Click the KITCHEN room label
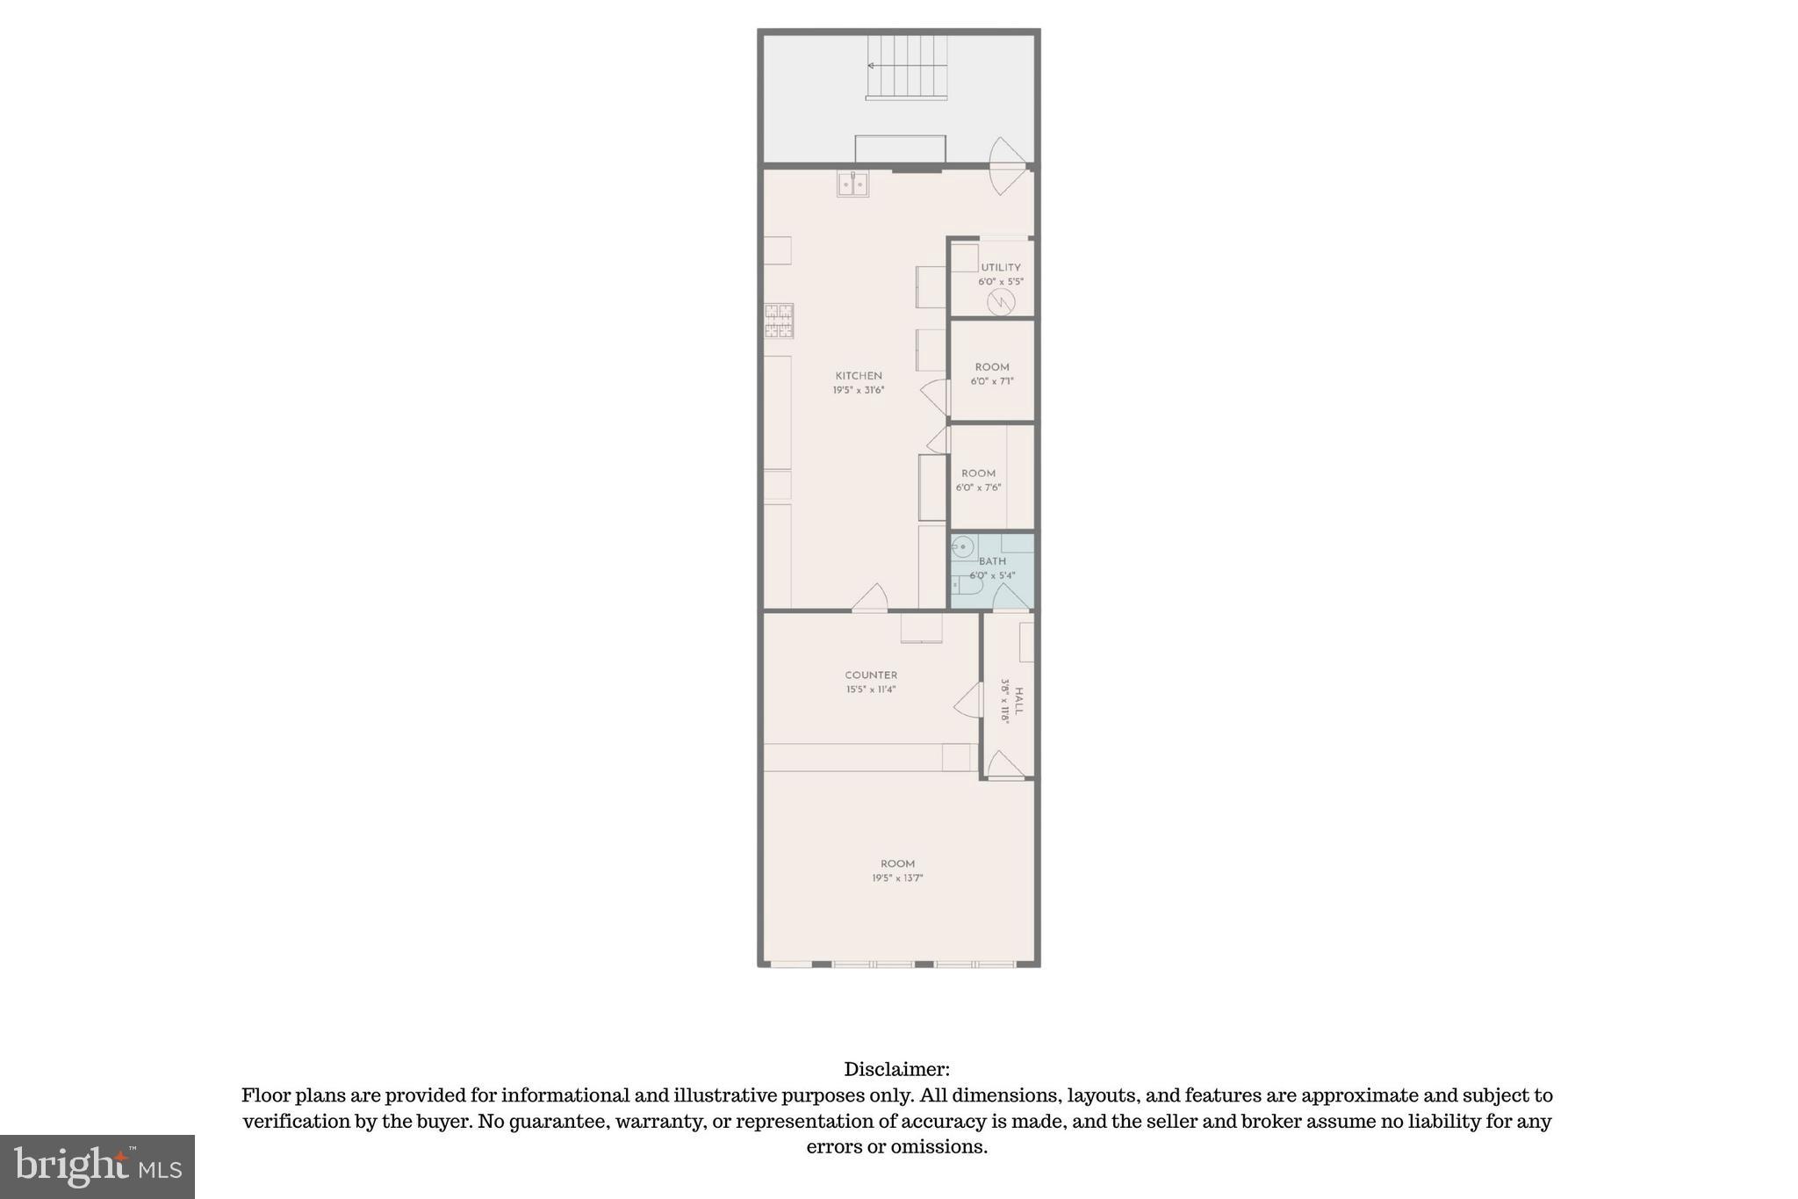[x=858, y=375]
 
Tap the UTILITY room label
[x=1000, y=267]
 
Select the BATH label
[x=992, y=561]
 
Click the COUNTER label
[x=871, y=675]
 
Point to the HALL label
[x=1018, y=700]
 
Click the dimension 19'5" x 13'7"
[x=897, y=878]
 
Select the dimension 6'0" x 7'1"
[x=992, y=381]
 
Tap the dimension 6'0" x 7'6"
[x=978, y=488]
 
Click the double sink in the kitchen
[x=852, y=184]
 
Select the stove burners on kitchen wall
[x=779, y=321]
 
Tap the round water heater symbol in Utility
[x=1001, y=302]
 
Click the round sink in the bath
[x=963, y=546]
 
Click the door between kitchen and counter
[x=870, y=598]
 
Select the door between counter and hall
[x=969, y=700]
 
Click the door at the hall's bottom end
[x=1005, y=766]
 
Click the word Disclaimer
[x=896, y=1069]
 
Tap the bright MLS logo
[x=97, y=1166]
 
